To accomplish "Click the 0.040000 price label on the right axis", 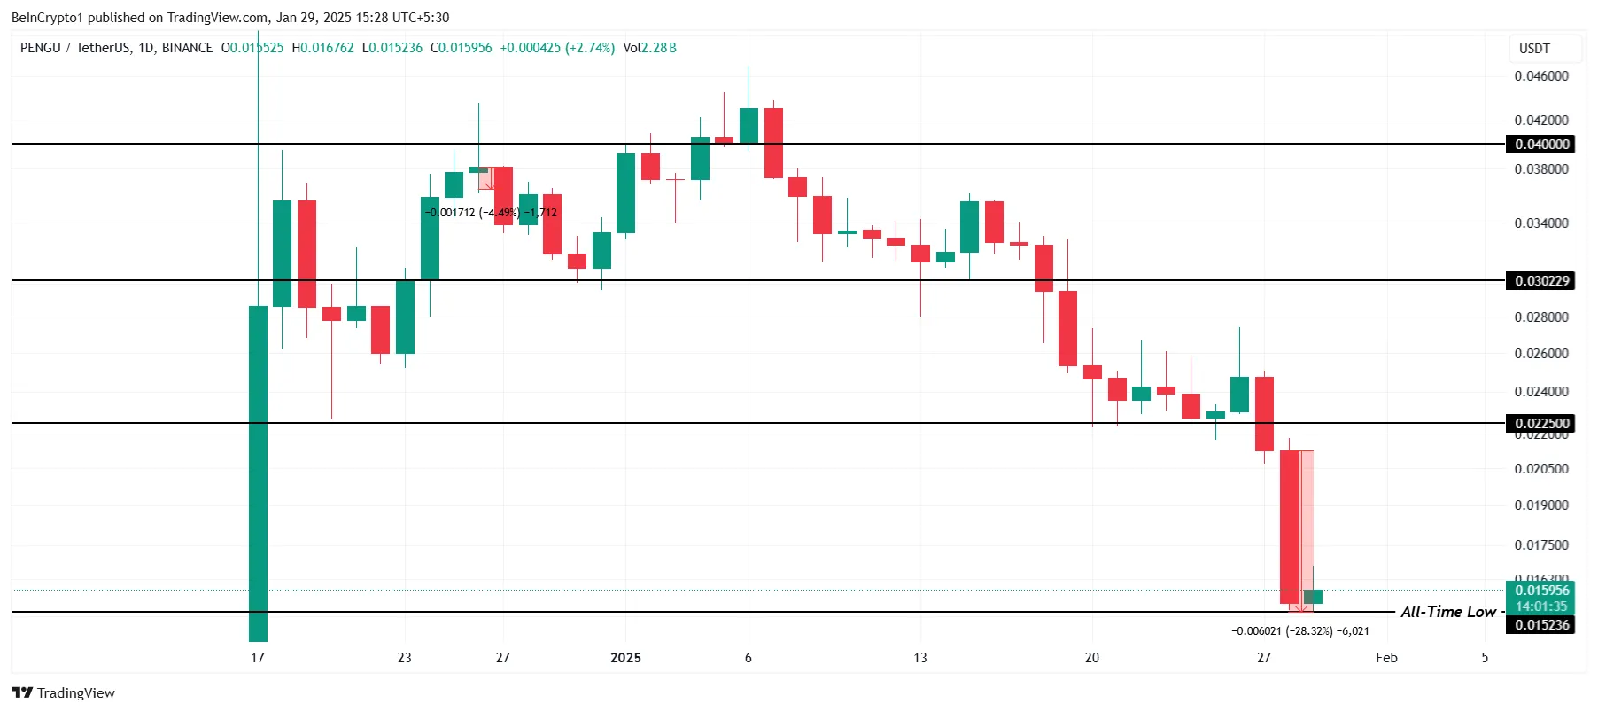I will [x=1541, y=144].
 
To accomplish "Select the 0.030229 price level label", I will [x=1541, y=281].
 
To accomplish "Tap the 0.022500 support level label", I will [x=1541, y=423].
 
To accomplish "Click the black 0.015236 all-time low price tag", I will [x=1541, y=625].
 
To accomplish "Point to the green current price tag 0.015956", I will [x=1541, y=591].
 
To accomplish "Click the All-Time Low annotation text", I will [x=1447, y=612].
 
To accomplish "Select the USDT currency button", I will [x=1534, y=49].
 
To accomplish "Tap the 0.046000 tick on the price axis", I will [x=1541, y=76].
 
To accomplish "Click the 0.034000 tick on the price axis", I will [x=1541, y=223].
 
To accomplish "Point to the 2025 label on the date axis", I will [x=625, y=658].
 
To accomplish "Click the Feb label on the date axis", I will [x=1386, y=658].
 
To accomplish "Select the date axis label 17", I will [x=258, y=658].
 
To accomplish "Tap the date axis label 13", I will [x=920, y=658].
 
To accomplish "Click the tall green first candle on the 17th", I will [x=258, y=470].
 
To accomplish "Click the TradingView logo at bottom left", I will [x=63, y=693].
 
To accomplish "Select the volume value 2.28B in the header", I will [x=659, y=48].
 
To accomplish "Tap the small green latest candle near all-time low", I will [x=1313, y=597].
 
